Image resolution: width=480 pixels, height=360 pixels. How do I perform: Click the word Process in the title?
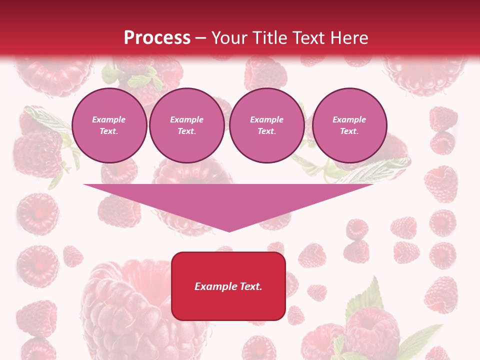pyautogui.click(x=157, y=37)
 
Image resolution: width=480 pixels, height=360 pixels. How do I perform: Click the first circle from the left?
pyautogui.click(x=109, y=125)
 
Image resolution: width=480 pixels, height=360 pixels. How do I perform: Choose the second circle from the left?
pyautogui.click(x=187, y=125)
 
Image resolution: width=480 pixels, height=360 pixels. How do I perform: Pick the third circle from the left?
pyautogui.click(x=266, y=125)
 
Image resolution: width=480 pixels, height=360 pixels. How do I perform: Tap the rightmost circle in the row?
pyautogui.click(x=349, y=125)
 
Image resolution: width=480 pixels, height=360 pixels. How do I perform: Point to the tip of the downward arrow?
pyautogui.click(x=229, y=231)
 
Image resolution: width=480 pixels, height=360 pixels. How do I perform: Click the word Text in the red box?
pyautogui.click(x=250, y=286)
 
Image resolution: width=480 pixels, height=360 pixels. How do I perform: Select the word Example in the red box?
pyautogui.click(x=215, y=286)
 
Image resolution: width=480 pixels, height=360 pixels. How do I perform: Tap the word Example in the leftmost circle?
pyautogui.click(x=109, y=119)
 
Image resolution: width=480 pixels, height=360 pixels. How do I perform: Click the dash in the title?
pyautogui.click(x=200, y=37)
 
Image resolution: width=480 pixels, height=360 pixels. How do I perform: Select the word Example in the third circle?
pyautogui.click(x=266, y=119)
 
